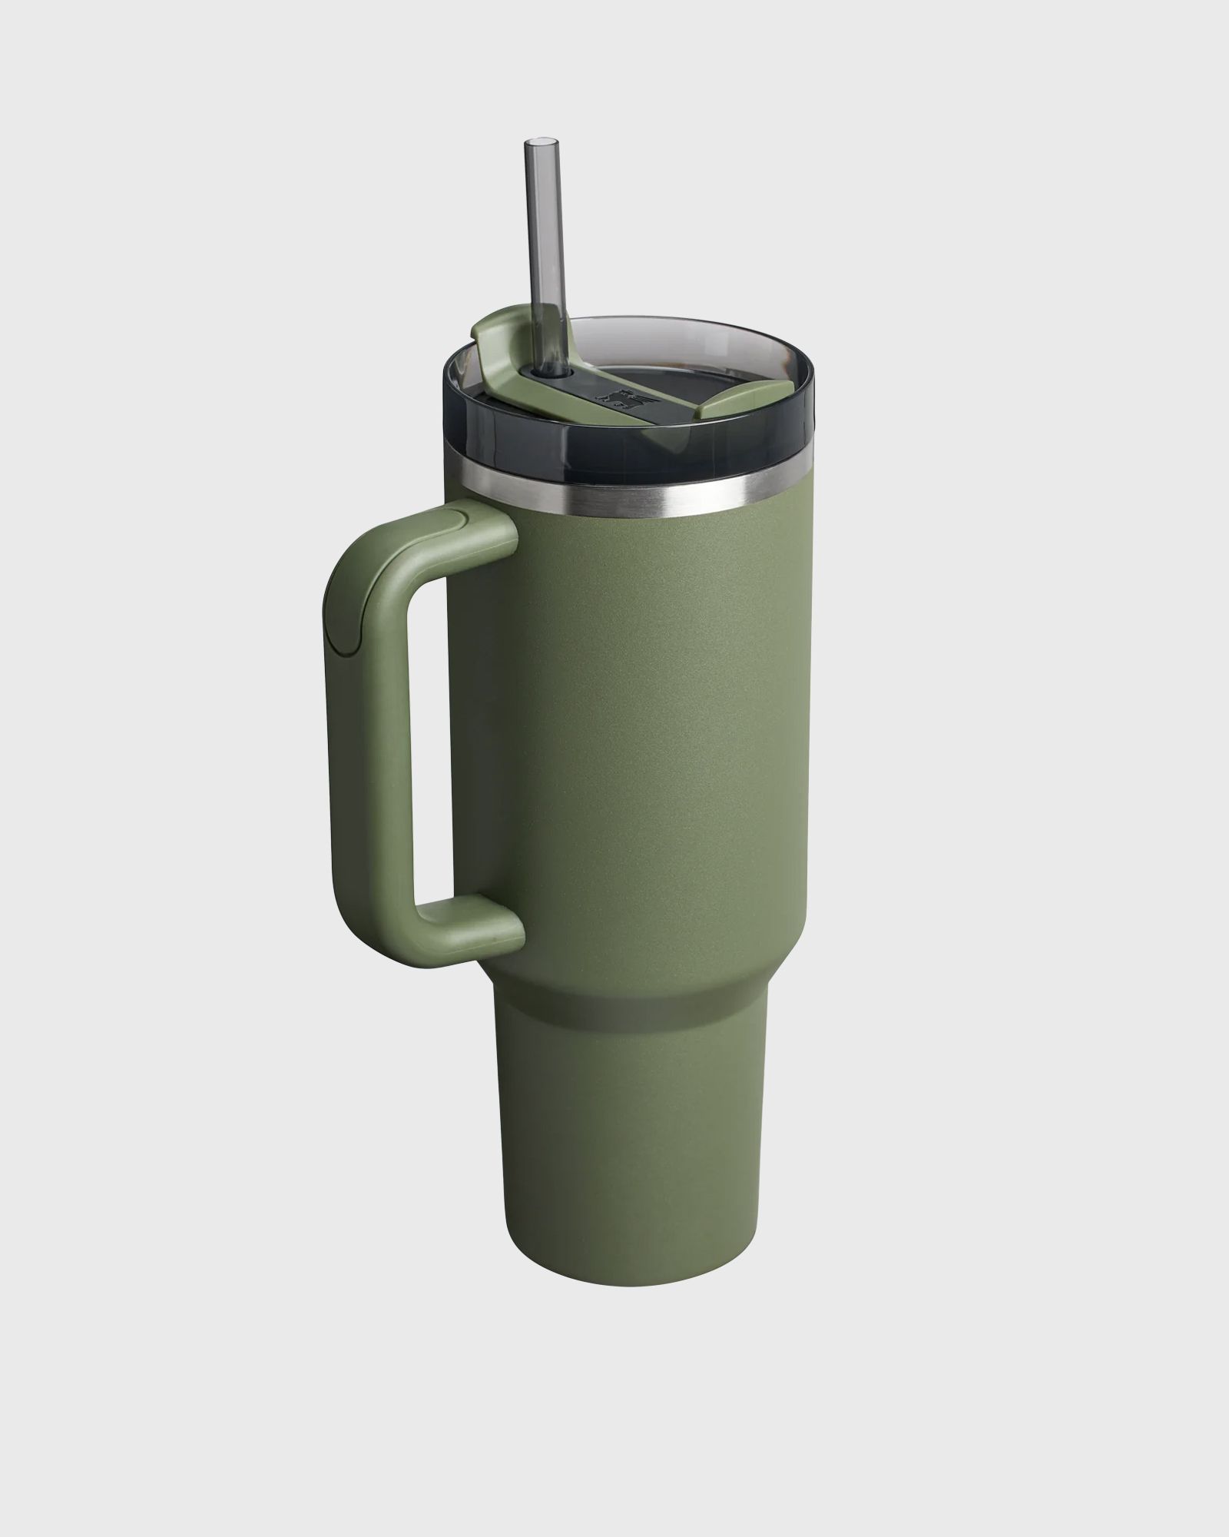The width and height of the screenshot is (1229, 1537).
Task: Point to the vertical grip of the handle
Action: [x=368, y=738]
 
